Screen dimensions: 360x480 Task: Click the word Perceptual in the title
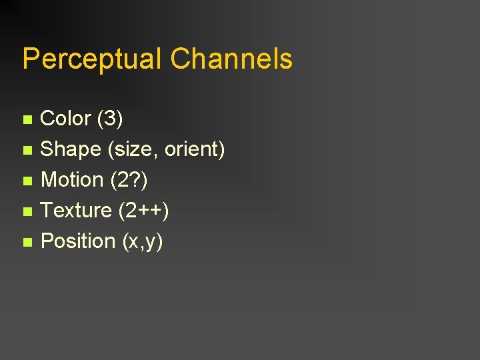click(x=92, y=59)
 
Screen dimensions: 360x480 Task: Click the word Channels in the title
click(x=231, y=59)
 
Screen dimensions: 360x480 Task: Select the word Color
click(x=65, y=119)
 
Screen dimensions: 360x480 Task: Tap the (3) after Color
click(x=110, y=119)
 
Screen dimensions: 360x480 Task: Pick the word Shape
click(x=71, y=149)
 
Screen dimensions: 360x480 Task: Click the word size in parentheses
click(x=133, y=149)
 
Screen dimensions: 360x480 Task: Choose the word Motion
click(x=72, y=180)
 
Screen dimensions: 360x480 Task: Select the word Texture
click(x=76, y=211)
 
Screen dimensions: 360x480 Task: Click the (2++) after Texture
click(x=143, y=211)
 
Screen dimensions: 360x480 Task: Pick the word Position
click(x=78, y=241)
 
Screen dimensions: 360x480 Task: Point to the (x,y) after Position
click(x=143, y=241)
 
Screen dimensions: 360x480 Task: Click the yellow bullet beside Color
click(x=27, y=120)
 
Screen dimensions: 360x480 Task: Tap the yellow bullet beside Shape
click(x=27, y=151)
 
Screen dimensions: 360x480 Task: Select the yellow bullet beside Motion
click(x=27, y=181)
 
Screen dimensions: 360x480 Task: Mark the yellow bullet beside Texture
click(x=27, y=212)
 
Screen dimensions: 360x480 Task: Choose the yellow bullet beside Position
click(x=27, y=243)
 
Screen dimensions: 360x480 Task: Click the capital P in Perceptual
click(x=30, y=59)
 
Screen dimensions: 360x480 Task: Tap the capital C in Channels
click(x=180, y=59)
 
